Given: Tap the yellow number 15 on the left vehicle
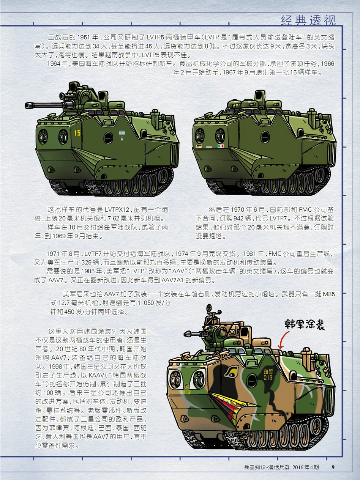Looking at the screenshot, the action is pyautogui.click(x=77, y=133).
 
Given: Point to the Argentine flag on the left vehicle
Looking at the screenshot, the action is pyautogui.click(x=122, y=132).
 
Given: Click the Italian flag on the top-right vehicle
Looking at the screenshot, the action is pyautogui.click(x=221, y=146).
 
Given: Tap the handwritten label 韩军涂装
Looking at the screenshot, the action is pyautogui.click(x=304, y=324).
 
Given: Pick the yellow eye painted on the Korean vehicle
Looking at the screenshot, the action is pyautogui.click(x=232, y=371).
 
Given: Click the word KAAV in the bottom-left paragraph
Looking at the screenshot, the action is pyautogui.click(x=96, y=376).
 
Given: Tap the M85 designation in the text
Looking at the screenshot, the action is pyautogui.click(x=329, y=294).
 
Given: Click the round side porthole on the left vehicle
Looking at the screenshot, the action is pyautogui.click(x=108, y=138).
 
